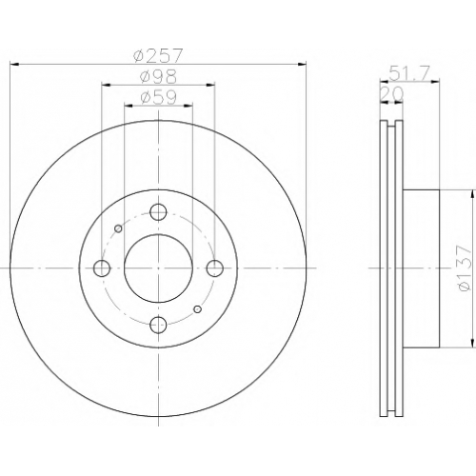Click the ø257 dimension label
[x=158, y=56]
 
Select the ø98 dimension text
[x=158, y=76]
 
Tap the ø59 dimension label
[x=158, y=97]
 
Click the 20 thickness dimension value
[x=391, y=94]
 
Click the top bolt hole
[x=158, y=212]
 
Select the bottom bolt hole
[x=158, y=325]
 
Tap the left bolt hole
[x=102, y=268]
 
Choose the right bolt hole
[x=214, y=268]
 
